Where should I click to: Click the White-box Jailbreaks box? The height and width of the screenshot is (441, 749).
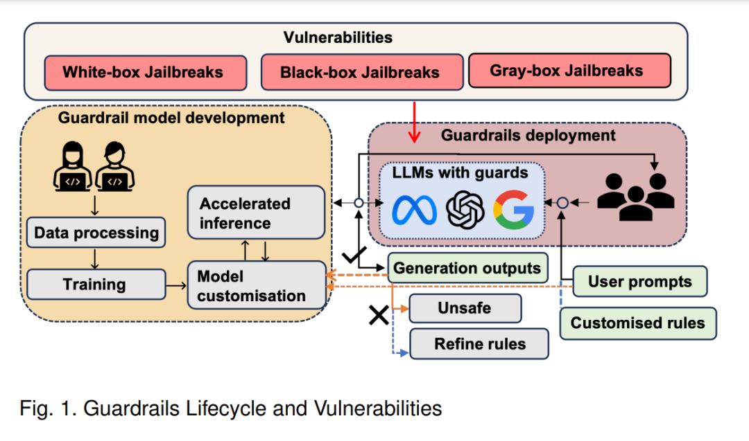coord(146,73)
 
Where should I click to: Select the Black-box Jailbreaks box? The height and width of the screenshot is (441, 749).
coord(362,72)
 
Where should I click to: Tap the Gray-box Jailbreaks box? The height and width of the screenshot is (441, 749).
coord(569,71)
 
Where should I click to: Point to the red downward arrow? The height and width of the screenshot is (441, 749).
coord(414,122)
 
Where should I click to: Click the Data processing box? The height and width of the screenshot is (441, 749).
coord(96,233)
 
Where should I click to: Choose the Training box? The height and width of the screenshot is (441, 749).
coord(96,284)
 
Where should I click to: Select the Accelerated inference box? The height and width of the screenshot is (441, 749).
coord(256,213)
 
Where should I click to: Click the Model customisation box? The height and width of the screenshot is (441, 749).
coord(257,285)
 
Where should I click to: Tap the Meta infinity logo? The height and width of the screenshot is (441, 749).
coord(414,210)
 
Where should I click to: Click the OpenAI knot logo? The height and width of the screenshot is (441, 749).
coord(465,210)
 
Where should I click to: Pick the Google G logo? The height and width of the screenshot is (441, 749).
coord(513,210)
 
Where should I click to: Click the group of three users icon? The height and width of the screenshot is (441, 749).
coord(635,197)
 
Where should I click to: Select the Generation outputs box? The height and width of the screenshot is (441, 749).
coord(467,268)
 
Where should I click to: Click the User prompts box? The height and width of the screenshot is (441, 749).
coord(639,281)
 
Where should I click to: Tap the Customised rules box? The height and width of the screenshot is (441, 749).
coord(638,323)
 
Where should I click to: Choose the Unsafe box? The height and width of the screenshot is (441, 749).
coord(465,308)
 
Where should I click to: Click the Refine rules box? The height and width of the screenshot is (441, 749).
coord(479,344)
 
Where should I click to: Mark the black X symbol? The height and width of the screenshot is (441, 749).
coord(379,315)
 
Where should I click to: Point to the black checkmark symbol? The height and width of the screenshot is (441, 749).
coord(354,255)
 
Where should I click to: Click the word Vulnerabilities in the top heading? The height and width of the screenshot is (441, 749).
coord(338,37)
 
